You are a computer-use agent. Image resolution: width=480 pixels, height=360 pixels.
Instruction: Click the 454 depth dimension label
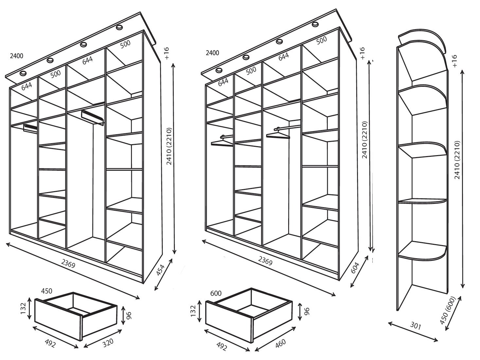tap(161, 270)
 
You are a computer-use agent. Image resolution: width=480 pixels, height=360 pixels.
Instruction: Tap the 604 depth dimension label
tap(355, 268)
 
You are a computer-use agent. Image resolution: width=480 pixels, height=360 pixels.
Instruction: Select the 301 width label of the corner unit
tap(416, 332)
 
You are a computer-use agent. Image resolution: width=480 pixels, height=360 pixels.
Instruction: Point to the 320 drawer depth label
tap(108, 343)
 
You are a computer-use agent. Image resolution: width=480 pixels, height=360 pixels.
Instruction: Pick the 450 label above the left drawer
tap(46, 291)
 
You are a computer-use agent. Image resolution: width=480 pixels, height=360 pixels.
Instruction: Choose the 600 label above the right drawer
tap(216, 293)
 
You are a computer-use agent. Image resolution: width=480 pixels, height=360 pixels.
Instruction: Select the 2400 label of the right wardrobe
tap(212, 53)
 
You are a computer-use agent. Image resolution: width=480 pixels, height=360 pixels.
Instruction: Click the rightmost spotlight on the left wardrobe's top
tap(119, 27)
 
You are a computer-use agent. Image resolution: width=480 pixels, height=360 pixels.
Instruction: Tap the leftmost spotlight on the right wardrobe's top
tap(219, 70)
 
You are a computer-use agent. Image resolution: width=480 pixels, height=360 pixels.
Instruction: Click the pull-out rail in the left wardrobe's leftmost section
tap(30, 129)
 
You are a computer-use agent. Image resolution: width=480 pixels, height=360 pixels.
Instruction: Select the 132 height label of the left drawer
tap(24, 308)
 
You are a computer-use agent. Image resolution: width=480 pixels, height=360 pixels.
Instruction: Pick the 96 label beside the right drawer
tap(307, 311)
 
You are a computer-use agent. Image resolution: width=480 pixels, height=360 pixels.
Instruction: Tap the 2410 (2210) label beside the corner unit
tap(457, 160)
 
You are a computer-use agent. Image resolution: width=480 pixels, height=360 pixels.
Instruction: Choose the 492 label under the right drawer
tap(222, 346)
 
